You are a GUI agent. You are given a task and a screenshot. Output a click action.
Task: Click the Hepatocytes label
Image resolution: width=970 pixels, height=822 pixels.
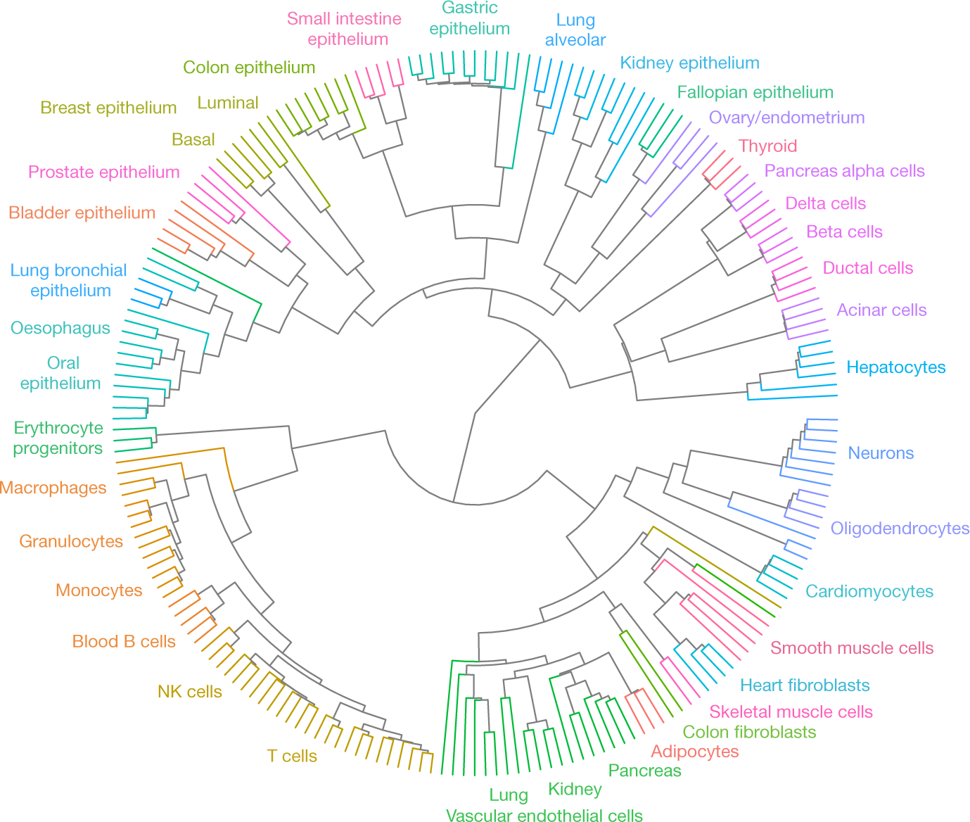(895, 367)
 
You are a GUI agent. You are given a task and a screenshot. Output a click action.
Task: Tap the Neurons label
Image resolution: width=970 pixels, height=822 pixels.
(881, 453)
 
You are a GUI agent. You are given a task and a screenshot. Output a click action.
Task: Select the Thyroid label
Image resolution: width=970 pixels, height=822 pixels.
(767, 146)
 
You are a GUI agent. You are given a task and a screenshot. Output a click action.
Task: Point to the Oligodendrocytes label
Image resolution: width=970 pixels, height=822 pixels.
(900, 529)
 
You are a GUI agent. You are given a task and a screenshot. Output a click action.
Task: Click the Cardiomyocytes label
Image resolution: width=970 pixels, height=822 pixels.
(869, 592)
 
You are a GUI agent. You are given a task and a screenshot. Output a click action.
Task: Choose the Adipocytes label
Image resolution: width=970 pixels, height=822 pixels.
(694, 752)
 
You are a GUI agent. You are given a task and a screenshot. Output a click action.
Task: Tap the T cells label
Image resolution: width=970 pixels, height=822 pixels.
(292, 757)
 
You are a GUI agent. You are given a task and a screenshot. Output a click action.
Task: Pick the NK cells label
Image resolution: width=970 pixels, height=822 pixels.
(190, 692)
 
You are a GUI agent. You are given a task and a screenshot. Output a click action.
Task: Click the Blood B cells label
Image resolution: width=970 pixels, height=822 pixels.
(124, 642)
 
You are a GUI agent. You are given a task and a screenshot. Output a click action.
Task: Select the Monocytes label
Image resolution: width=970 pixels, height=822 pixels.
(98, 590)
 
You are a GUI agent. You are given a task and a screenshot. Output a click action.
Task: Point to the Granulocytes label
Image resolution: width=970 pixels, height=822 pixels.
(71, 542)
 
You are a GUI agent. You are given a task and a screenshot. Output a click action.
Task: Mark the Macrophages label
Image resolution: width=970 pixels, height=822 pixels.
(53, 488)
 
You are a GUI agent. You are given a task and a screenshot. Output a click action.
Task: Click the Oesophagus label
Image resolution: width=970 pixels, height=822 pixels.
(60, 329)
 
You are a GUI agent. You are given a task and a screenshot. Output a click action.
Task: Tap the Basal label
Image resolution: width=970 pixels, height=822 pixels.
(193, 140)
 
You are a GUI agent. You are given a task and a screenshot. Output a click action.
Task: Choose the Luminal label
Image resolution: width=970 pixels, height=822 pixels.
(228, 103)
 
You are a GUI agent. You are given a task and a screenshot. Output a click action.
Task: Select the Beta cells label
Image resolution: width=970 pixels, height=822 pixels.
(844, 232)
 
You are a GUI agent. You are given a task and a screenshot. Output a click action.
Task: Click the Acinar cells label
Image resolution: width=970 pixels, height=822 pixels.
(881, 310)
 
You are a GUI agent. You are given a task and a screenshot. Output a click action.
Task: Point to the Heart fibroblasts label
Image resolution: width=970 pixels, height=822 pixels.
(805, 685)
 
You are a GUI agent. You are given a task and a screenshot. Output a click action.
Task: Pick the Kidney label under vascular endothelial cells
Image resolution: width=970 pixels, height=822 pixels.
(575, 790)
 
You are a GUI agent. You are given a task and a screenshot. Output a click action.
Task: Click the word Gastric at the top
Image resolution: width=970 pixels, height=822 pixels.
(469, 8)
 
